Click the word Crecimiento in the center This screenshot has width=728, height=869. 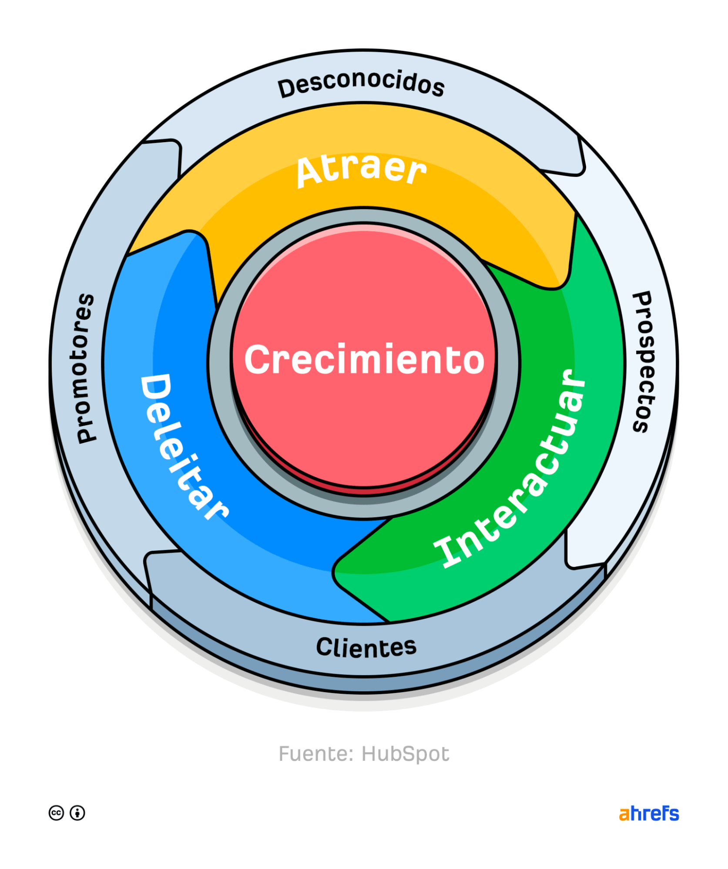364,360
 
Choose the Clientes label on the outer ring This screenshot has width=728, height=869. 366,647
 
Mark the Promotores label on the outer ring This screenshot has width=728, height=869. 83,369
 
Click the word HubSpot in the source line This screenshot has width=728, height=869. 405,754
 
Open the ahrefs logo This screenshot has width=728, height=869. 648,813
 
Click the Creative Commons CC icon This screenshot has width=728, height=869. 56,813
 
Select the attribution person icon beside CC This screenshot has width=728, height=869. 77,813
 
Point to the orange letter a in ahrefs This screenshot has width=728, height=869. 624,814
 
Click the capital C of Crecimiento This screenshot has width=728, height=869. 259,360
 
